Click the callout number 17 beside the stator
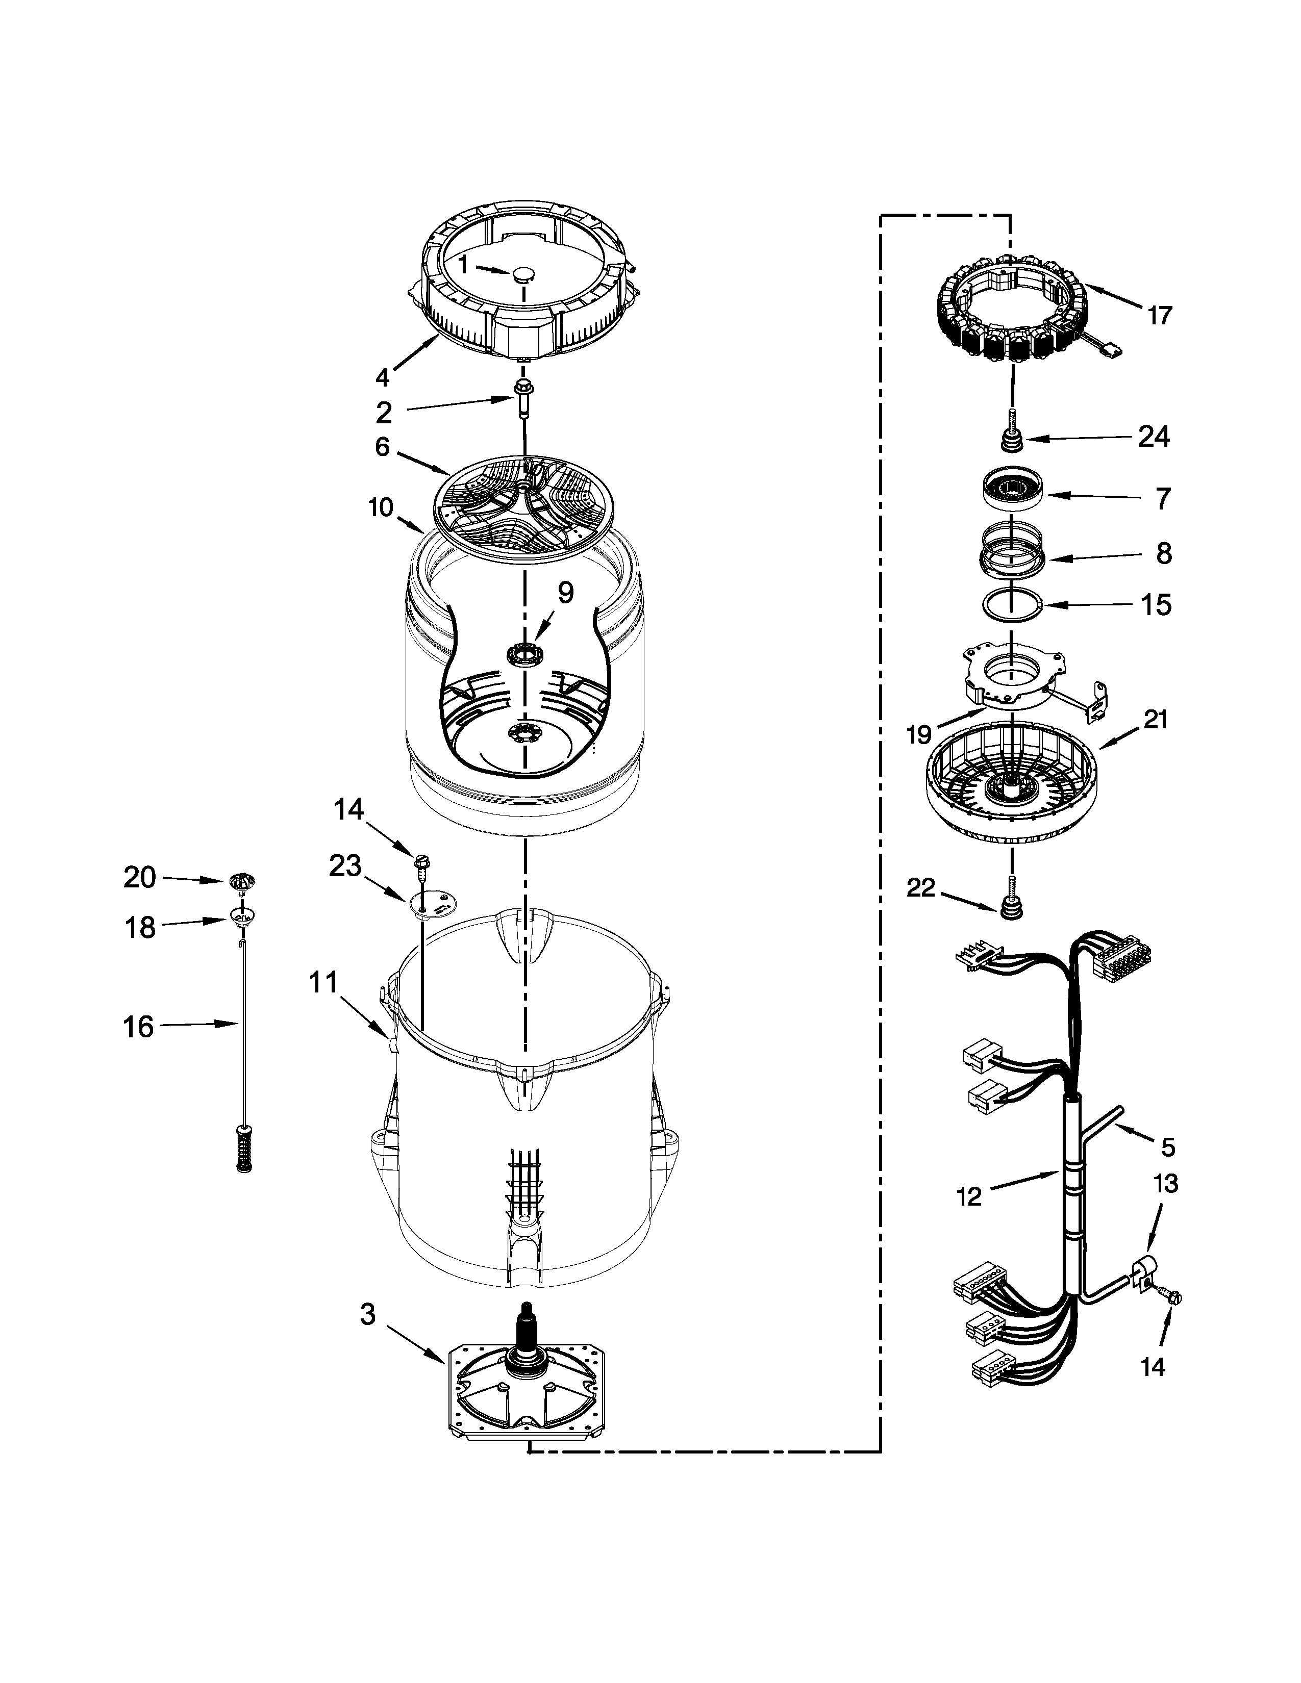tap(1159, 315)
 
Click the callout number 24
tap(1154, 437)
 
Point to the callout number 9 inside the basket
tap(566, 593)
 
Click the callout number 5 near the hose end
tap(1168, 1168)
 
